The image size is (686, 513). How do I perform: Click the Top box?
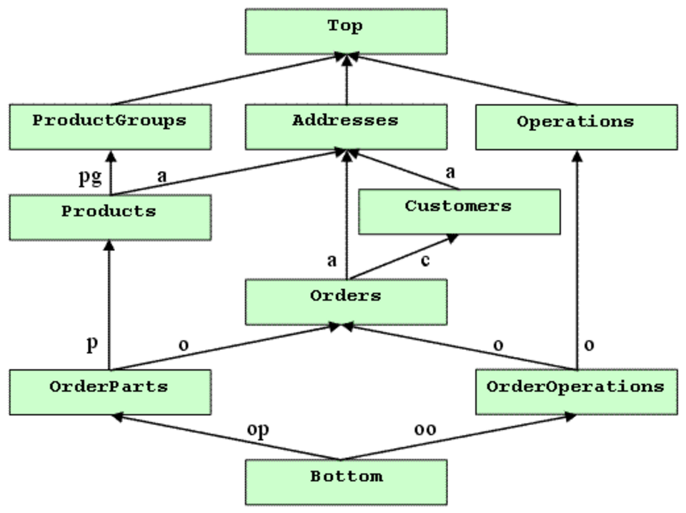coord(346,31)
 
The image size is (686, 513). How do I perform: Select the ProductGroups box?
coord(110,127)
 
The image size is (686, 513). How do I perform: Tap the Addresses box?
coord(346,127)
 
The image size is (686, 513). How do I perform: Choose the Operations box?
coord(577,127)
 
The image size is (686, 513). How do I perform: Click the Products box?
coord(110,218)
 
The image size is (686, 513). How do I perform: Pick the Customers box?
coord(459,212)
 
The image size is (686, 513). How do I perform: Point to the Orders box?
coord(346,302)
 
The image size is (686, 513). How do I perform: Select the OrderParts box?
coord(110,392)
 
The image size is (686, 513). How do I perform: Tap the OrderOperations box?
coord(577,392)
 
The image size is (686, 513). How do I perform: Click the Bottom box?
coord(346,482)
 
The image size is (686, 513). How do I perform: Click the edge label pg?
coord(90,177)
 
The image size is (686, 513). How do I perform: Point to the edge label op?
coord(258,430)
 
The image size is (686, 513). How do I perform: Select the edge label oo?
coord(424,429)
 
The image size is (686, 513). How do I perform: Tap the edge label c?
coord(424,260)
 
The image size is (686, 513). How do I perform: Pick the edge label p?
coord(92,344)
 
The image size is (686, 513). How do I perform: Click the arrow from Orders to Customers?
coord(403,257)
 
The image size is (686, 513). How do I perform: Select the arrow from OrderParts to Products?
coord(109,305)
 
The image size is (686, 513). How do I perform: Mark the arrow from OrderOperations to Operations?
coord(577,260)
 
